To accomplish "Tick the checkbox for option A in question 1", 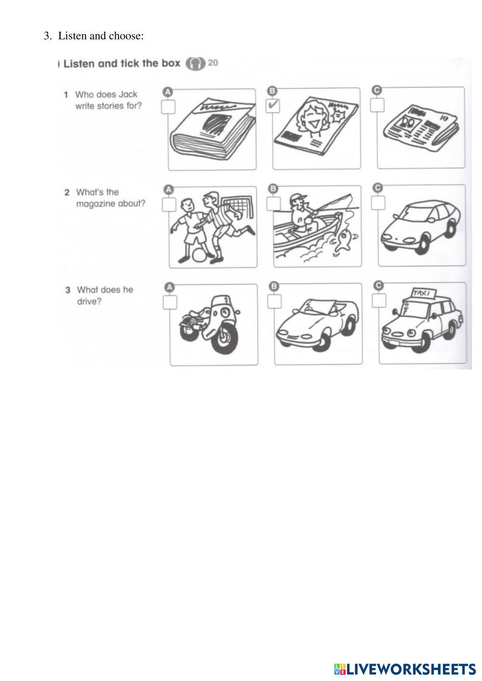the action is coord(168,107).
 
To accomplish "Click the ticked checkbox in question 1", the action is coord(273,105).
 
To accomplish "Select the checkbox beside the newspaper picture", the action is coord(377,105).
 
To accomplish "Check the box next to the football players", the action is coord(169,204).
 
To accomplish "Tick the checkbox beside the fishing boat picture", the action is coord(274,203).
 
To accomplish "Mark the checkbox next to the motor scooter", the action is coord(170,302).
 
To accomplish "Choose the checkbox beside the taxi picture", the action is coord(379,301).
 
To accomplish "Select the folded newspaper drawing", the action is coord(421,127).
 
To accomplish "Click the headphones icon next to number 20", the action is coord(195,64).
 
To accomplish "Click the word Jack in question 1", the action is coord(128,94).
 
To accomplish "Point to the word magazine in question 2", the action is coord(95,204).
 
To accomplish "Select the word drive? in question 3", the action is coord(90,302).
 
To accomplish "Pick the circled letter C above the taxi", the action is coord(379,286).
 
